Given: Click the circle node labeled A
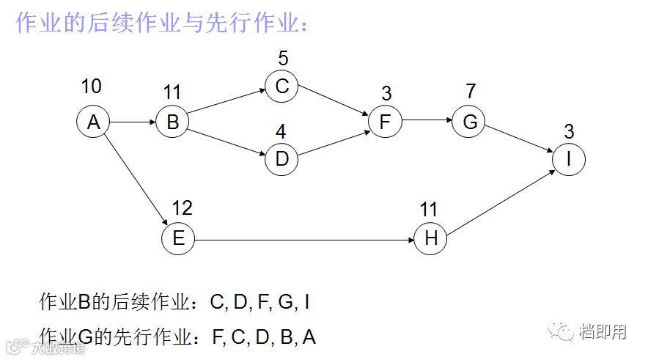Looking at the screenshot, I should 93,122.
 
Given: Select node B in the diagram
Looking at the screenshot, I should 172,122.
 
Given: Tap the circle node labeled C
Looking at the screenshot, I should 281,87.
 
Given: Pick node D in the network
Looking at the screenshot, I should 281,158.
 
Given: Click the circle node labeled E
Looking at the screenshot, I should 178,239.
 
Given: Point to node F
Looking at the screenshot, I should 386,122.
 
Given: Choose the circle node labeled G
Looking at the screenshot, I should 469,122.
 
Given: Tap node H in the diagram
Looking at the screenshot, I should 430,239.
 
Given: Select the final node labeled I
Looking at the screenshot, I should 569,158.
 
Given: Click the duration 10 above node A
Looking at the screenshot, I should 91,87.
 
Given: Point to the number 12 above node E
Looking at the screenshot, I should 182,208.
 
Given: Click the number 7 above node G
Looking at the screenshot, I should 470,92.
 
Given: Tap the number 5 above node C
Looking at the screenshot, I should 284,57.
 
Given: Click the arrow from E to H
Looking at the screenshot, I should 304,239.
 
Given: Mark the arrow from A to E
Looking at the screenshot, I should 136,180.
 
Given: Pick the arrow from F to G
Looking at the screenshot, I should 427,122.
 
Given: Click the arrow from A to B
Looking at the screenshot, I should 133,122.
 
